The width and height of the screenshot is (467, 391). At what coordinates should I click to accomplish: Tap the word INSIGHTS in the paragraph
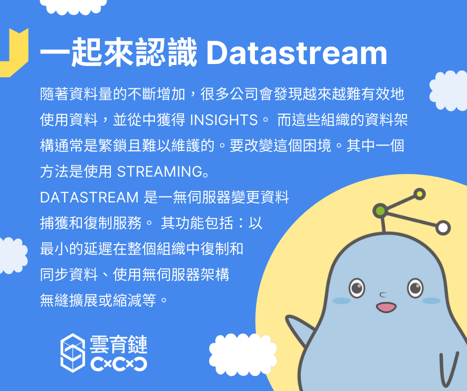click(224, 120)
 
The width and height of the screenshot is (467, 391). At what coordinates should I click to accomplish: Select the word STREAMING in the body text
click(160, 172)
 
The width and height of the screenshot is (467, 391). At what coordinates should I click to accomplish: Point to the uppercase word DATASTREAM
click(89, 197)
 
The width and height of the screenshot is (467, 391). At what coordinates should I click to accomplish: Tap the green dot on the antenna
click(381, 211)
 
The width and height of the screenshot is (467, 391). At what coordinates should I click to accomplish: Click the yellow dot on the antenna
click(419, 195)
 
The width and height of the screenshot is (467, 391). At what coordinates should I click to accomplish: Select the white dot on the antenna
click(443, 228)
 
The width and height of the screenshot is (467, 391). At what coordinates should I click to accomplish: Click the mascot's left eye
click(357, 288)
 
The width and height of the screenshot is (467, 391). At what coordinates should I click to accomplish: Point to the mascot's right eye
click(415, 288)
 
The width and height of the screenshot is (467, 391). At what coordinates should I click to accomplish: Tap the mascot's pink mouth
click(386, 307)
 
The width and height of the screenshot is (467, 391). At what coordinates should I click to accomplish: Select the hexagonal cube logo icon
click(73, 353)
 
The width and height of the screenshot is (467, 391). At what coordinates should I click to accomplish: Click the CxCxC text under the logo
click(119, 364)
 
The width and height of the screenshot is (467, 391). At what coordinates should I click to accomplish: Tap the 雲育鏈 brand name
click(119, 344)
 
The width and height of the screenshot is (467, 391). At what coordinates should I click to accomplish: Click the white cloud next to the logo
click(243, 353)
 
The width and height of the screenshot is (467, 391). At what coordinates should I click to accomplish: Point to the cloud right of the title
click(449, 91)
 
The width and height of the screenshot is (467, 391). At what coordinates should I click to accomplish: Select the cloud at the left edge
click(13, 256)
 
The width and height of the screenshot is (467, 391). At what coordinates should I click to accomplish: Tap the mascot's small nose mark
click(383, 295)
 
